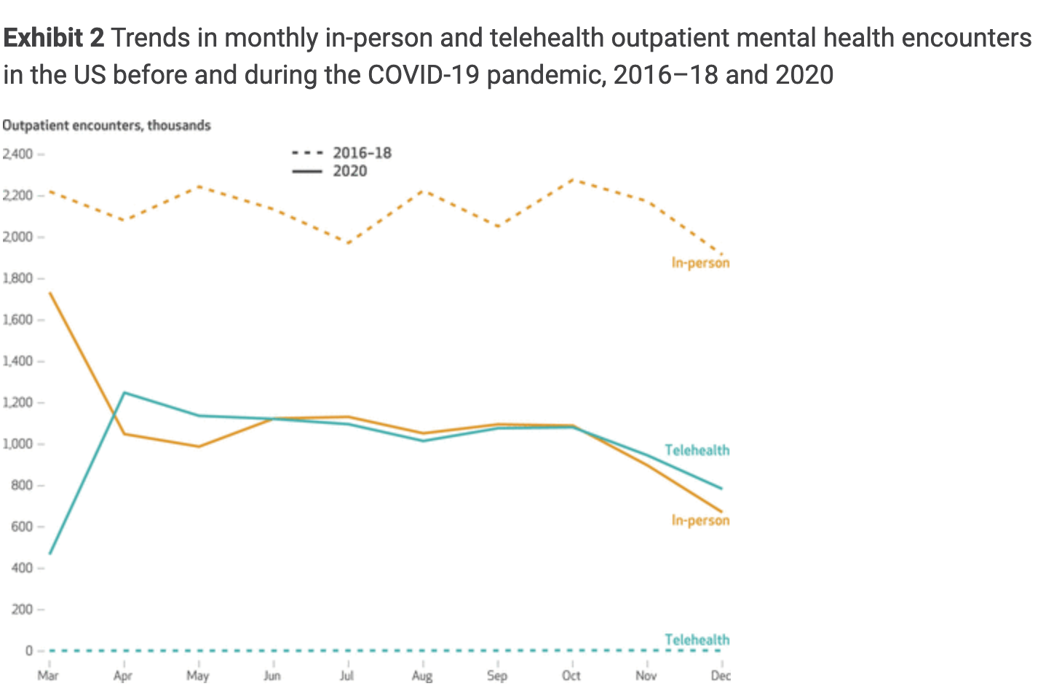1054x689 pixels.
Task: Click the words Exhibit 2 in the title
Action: tap(55, 38)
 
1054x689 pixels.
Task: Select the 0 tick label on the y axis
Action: tap(29, 651)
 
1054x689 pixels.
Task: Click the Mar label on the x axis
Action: tap(48, 676)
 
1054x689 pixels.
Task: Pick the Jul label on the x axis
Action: tap(347, 676)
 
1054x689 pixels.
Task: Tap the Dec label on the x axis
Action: tap(721, 676)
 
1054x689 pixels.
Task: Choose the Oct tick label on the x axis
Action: tap(571, 676)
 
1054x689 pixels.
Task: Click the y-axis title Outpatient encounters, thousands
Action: tap(106, 125)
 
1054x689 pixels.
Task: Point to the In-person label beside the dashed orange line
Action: tap(700, 263)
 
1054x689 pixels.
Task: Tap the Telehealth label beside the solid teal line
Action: tap(697, 450)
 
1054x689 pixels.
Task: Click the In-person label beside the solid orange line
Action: tap(700, 520)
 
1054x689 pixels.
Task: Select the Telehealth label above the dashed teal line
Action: tap(697, 639)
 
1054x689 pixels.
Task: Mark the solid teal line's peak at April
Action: tap(124, 393)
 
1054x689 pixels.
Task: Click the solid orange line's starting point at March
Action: tap(49, 293)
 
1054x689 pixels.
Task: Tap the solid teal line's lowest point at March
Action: tap(49, 554)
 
